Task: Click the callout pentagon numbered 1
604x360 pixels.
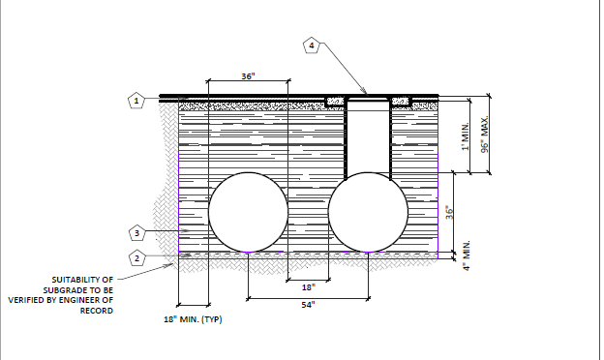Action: [x=136, y=101]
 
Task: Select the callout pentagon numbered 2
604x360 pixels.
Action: [x=136, y=258]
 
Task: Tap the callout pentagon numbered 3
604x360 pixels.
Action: [x=136, y=233]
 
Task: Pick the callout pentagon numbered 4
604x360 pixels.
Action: [x=312, y=45]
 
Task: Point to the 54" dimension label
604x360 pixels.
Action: [x=308, y=305]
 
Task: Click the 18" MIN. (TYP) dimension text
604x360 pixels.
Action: [x=193, y=319]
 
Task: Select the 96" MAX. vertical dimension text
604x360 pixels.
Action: [x=485, y=134]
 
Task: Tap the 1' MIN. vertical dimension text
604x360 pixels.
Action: [x=466, y=136]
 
